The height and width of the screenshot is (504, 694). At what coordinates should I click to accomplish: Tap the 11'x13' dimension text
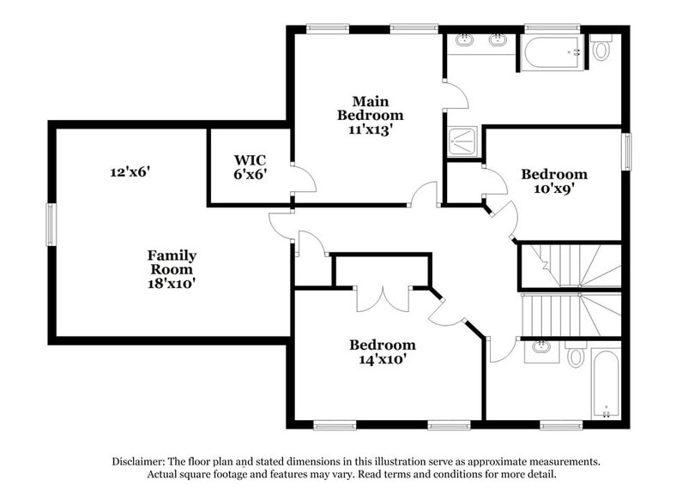pyautogui.click(x=370, y=130)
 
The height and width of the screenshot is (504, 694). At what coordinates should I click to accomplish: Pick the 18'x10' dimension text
pyautogui.click(x=172, y=282)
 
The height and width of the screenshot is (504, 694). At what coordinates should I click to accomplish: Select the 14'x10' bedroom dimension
pyautogui.click(x=383, y=360)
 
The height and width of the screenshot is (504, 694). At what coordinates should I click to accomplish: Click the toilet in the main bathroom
pyautogui.click(x=600, y=49)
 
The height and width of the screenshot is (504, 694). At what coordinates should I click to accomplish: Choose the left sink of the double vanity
pyautogui.click(x=465, y=39)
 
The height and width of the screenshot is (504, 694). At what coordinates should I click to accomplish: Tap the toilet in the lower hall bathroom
pyautogui.click(x=576, y=355)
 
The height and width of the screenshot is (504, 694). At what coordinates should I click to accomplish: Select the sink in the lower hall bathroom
pyautogui.click(x=541, y=348)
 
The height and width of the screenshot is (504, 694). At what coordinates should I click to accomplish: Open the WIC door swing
pyautogui.click(x=303, y=179)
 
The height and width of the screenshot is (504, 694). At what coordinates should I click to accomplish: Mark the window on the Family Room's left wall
pyautogui.click(x=51, y=224)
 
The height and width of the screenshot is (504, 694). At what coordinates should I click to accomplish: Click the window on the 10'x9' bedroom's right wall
pyautogui.click(x=625, y=152)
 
